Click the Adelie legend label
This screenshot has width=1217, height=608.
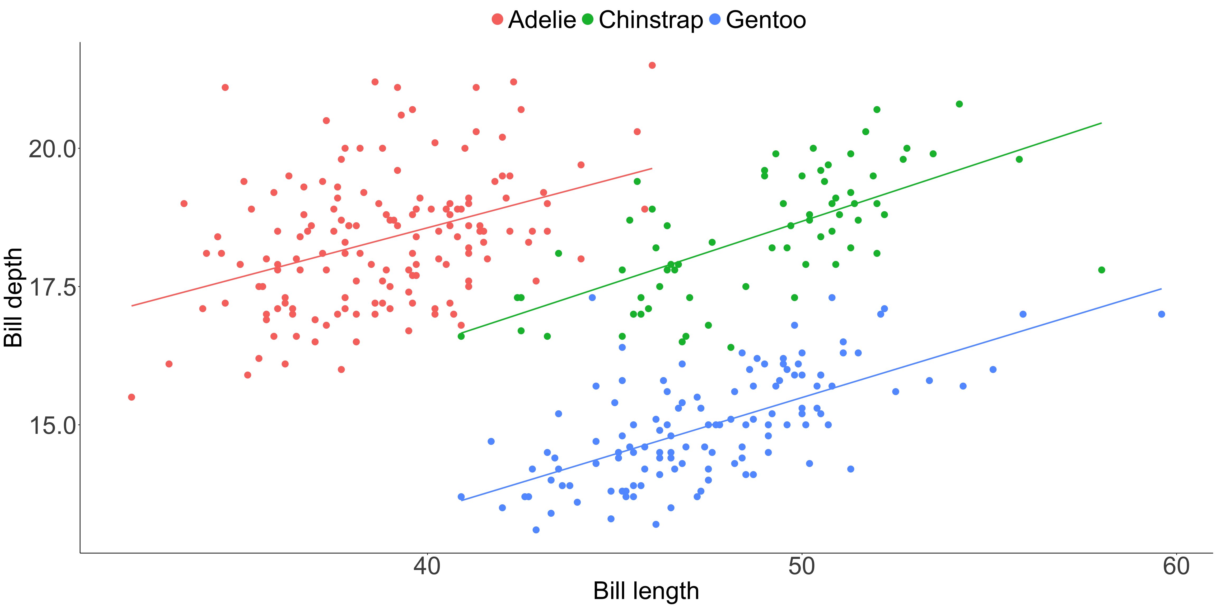pyautogui.click(x=542, y=20)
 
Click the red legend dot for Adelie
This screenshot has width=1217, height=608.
pyautogui.click(x=497, y=19)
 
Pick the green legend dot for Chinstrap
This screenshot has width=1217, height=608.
pyautogui.click(x=587, y=19)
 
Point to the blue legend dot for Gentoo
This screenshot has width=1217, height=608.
pyautogui.click(x=715, y=19)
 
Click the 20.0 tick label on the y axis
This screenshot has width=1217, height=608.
pyautogui.click(x=52, y=149)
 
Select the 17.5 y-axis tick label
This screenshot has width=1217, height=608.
pyautogui.click(x=52, y=287)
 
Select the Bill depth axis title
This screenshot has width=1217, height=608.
pyautogui.click(x=13, y=297)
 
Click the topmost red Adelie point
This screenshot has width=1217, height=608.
pyautogui.click(x=652, y=65)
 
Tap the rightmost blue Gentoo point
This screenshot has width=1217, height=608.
pyautogui.click(x=1161, y=314)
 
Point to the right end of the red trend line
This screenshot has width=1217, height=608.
pyautogui.click(x=652, y=168)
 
